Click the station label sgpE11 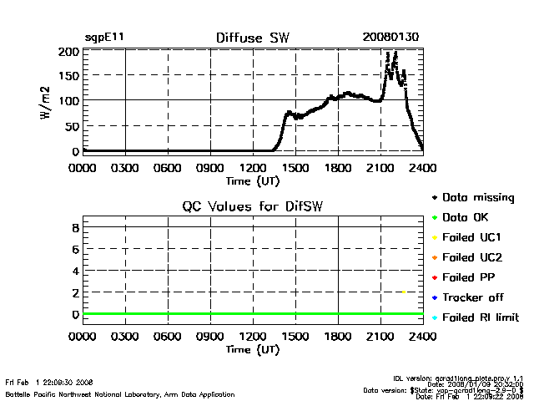tap(105, 38)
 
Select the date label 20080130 tap(392, 38)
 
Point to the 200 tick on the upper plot tap(68, 52)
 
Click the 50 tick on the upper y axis tap(72, 125)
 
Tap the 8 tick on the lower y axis tap(75, 226)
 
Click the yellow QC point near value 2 tap(403, 292)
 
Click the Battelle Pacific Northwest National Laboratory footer tap(119, 394)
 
